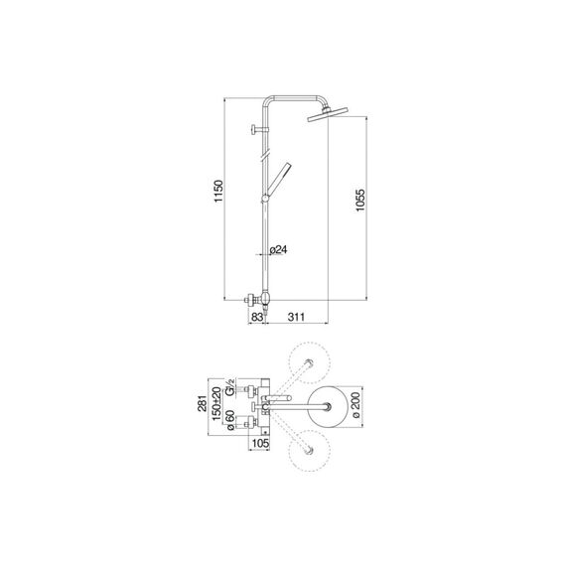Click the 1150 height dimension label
pos(218,191)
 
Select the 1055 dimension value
pos(359,200)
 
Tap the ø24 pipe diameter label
pos(279,249)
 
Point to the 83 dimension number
pos(257,317)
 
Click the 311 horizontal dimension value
pos(296,317)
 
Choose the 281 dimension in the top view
pos(203,403)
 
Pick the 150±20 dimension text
pos(216,403)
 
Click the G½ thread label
pos(230,386)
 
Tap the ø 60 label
pos(230,420)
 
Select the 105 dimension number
pos(260,443)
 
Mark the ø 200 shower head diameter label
pos(356,405)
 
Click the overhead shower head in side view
pos(328,114)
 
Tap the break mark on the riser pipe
pos(265,155)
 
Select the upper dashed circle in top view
pos(310,362)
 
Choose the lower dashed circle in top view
pos(310,451)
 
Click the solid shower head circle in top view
pos(328,407)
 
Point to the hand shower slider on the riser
pos(265,199)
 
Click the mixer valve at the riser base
pos(259,300)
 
